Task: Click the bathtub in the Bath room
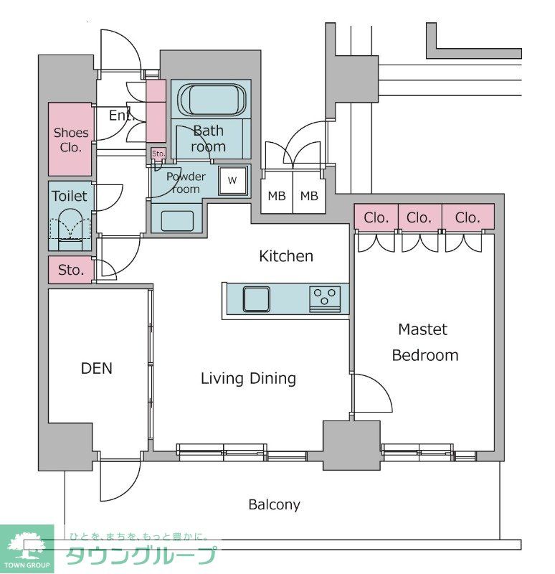[211, 100]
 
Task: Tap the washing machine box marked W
[232, 181]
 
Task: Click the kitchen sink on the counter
[257, 299]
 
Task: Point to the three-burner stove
[325, 299]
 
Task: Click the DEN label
[97, 368]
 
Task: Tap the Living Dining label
[248, 379]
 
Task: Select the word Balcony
[274, 505]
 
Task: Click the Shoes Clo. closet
[70, 139]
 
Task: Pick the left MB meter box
[277, 192]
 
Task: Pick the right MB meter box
[309, 192]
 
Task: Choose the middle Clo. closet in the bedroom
[419, 217]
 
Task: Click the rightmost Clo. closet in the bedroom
[468, 217]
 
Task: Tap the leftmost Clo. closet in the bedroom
[376, 217]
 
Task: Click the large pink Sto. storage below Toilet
[71, 270]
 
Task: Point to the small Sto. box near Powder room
[158, 154]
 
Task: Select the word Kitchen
[286, 256]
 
